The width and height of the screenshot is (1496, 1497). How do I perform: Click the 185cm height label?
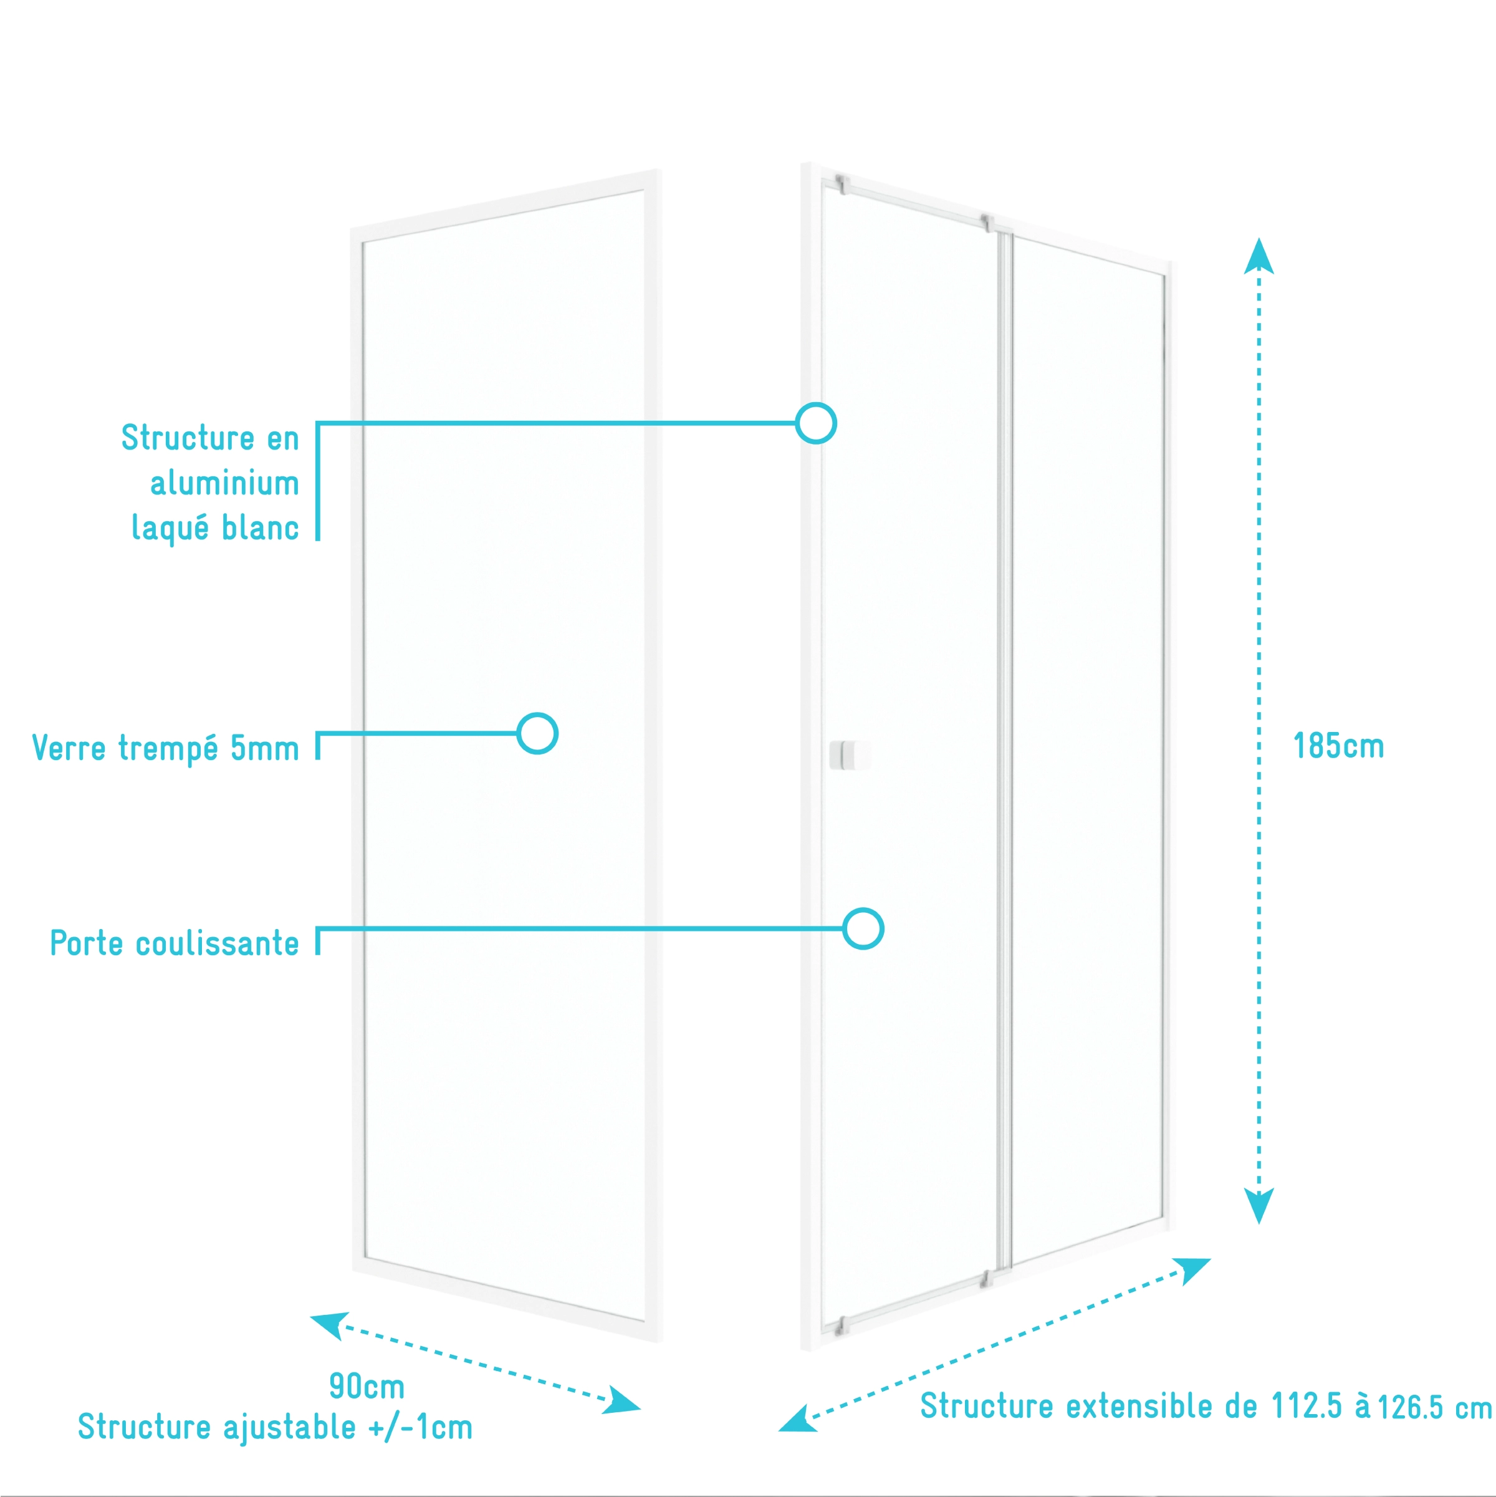pyautogui.click(x=1339, y=746)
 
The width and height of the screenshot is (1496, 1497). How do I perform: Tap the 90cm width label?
pyautogui.click(x=367, y=1386)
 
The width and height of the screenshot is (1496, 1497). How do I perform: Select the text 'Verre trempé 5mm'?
pyautogui.click(x=165, y=748)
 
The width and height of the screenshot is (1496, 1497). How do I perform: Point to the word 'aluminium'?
pyautogui.click(x=224, y=483)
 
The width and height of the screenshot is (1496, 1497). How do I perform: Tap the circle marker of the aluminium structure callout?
pyautogui.click(x=816, y=423)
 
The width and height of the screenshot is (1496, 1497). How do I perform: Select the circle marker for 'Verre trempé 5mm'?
pyautogui.click(x=538, y=733)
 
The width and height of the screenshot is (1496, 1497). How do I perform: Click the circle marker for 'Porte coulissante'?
pyautogui.click(x=863, y=928)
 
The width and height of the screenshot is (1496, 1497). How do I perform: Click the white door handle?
pyautogui.click(x=849, y=754)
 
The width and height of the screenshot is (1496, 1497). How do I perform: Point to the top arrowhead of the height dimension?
pyautogui.click(x=1259, y=256)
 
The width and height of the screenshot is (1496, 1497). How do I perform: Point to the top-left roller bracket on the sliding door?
pyautogui.click(x=842, y=185)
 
